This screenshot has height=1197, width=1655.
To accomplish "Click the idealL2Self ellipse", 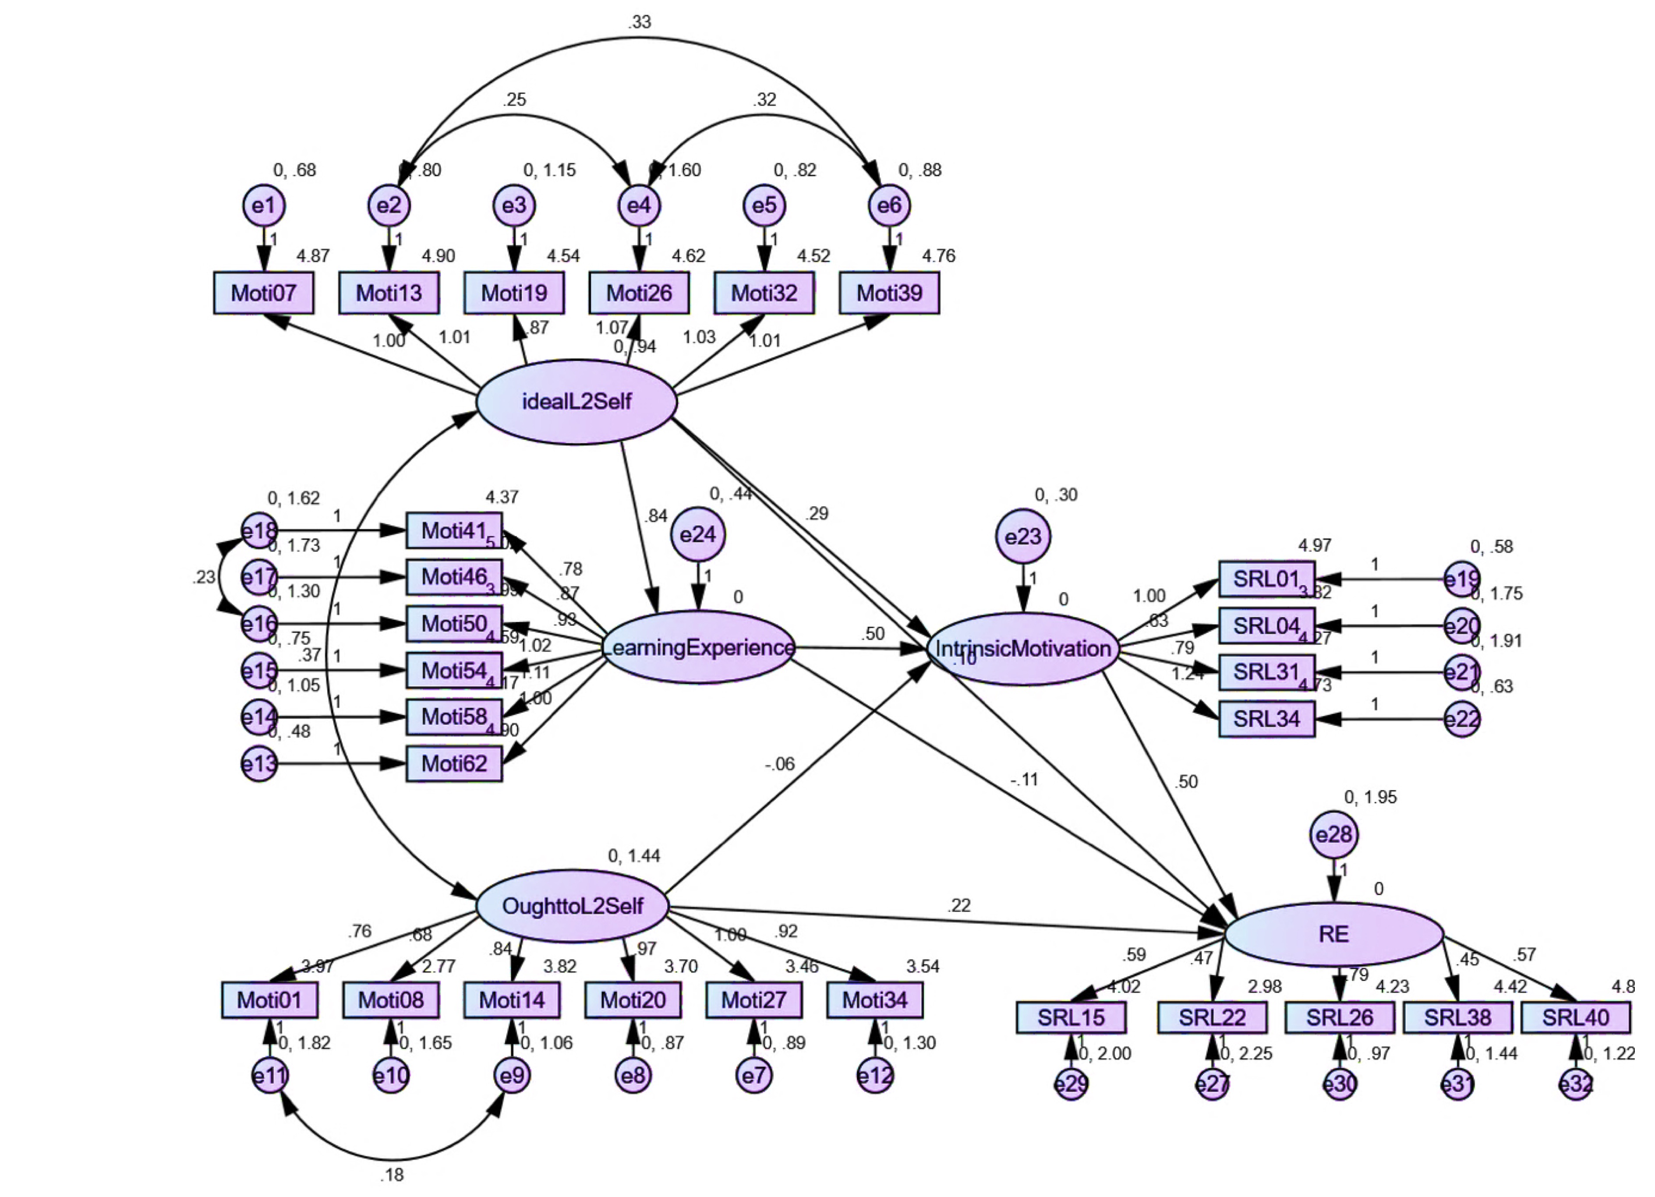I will coord(576,401).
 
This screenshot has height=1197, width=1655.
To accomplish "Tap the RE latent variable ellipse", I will coord(1334,934).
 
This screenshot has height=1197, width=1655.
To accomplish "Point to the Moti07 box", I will coord(263,293).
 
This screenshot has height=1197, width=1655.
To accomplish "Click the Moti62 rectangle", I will coord(454,764).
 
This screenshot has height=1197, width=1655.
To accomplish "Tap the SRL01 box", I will coord(1267,579).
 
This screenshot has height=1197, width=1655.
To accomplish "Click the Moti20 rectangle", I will coord(633,999).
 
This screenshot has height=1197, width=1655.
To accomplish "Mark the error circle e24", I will coord(697,535).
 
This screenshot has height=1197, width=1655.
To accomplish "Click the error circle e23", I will coord(1023,537).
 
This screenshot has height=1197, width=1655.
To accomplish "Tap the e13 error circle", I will coord(259,764).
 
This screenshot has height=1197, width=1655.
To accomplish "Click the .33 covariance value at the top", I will coord(639,22).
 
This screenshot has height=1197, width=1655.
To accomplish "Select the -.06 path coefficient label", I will coord(779,764).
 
